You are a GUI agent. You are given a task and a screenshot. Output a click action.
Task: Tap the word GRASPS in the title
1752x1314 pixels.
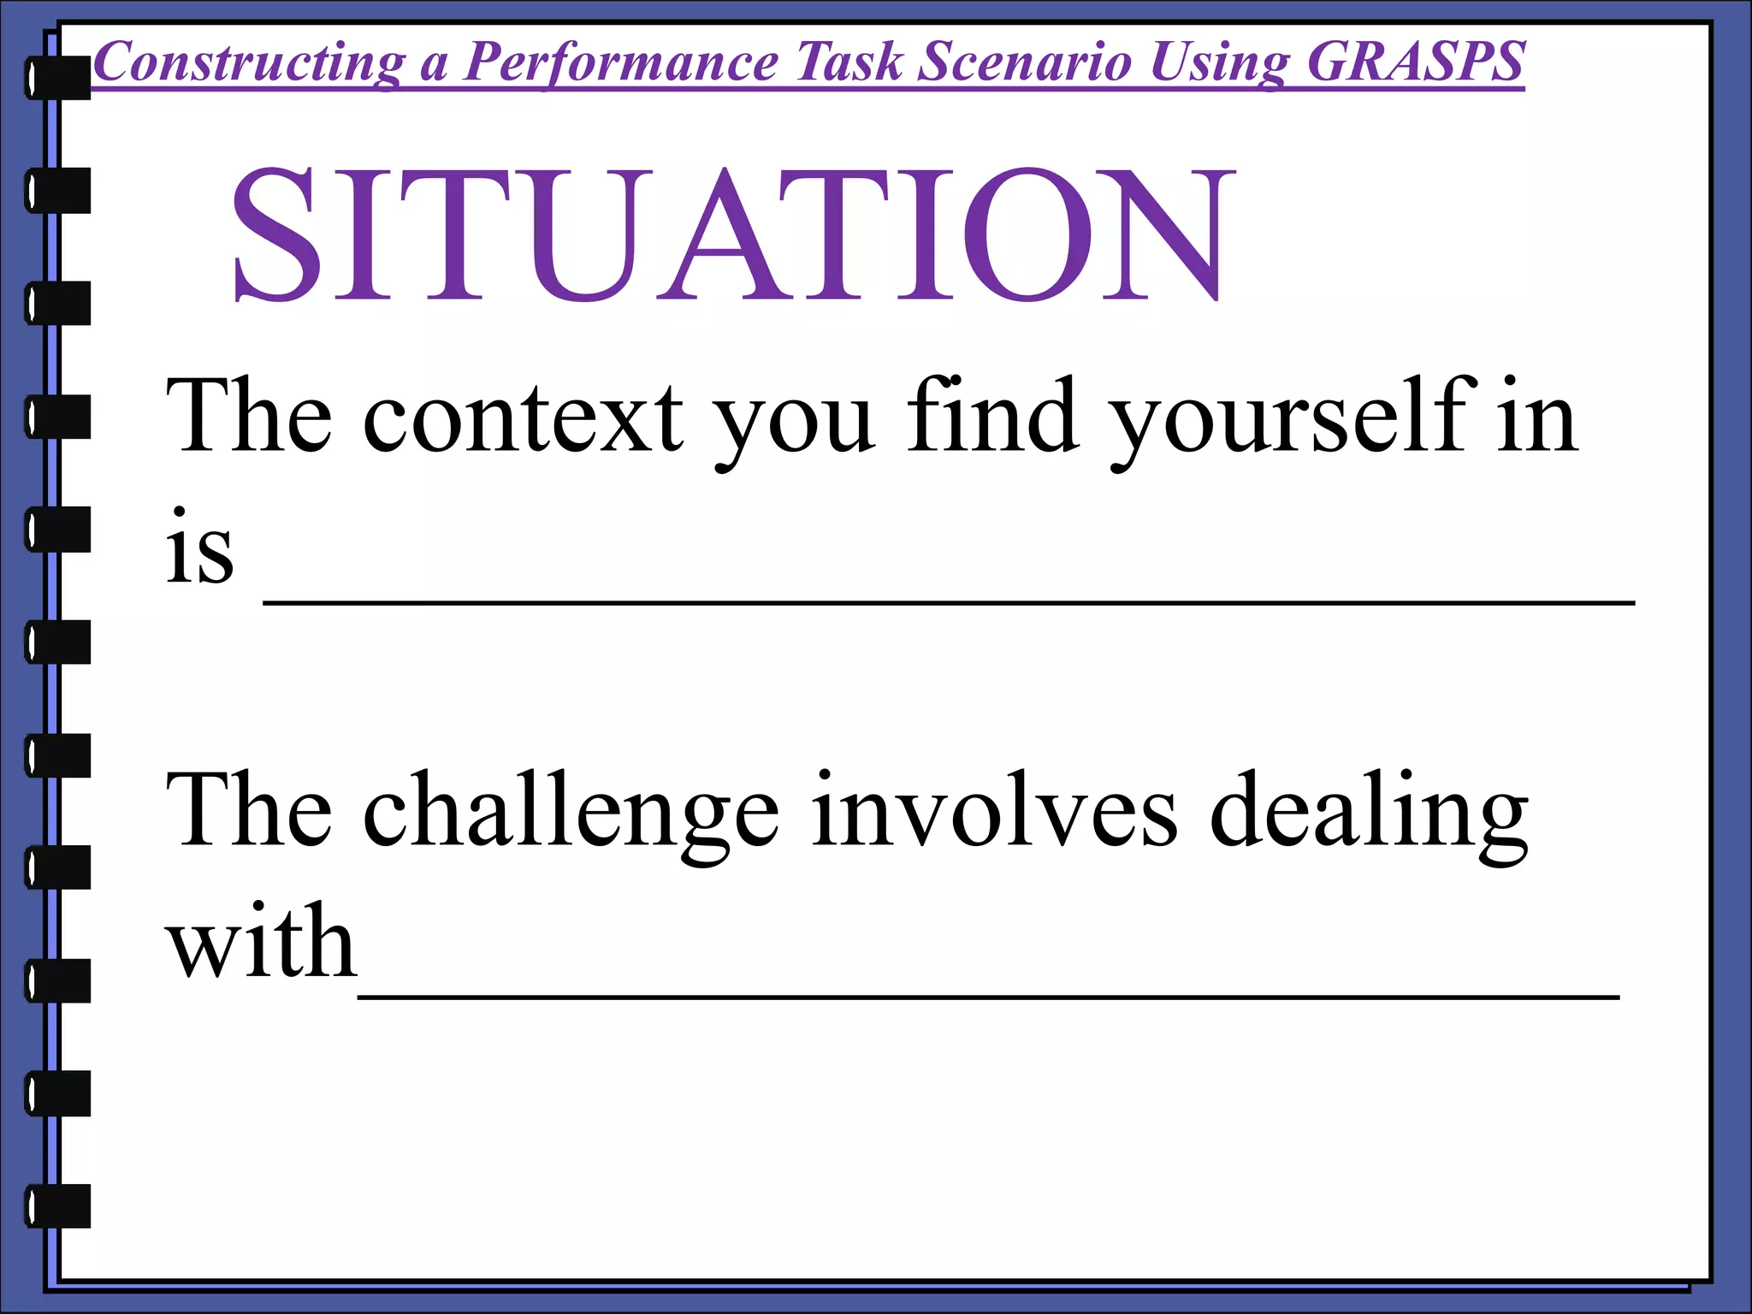click(x=1416, y=62)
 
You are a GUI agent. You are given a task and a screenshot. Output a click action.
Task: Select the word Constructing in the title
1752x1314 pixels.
click(x=248, y=62)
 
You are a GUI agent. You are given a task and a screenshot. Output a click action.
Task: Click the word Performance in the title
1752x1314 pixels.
click(x=621, y=62)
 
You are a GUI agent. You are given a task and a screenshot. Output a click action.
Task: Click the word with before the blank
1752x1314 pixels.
click(x=261, y=941)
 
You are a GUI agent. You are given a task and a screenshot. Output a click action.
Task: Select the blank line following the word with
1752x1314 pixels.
click(x=988, y=996)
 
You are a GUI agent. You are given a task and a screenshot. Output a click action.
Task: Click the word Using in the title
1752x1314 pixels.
click(x=1219, y=62)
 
